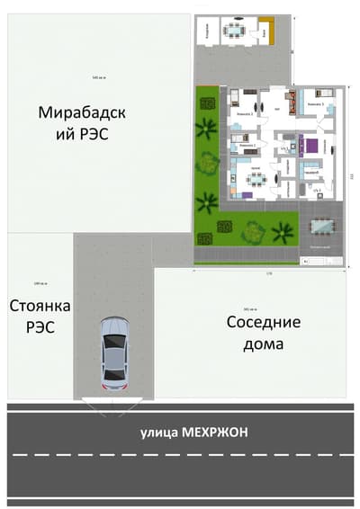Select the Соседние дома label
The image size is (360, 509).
click(x=262, y=332)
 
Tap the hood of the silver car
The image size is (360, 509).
click(x=114, y=327)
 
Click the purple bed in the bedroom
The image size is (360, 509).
click(x=310, y=145)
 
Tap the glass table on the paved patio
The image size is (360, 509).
click(x=320, y=225)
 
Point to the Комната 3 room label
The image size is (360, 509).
click(x=315, y=105)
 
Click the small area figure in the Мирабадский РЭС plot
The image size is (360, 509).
click(x=98, y=78)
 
